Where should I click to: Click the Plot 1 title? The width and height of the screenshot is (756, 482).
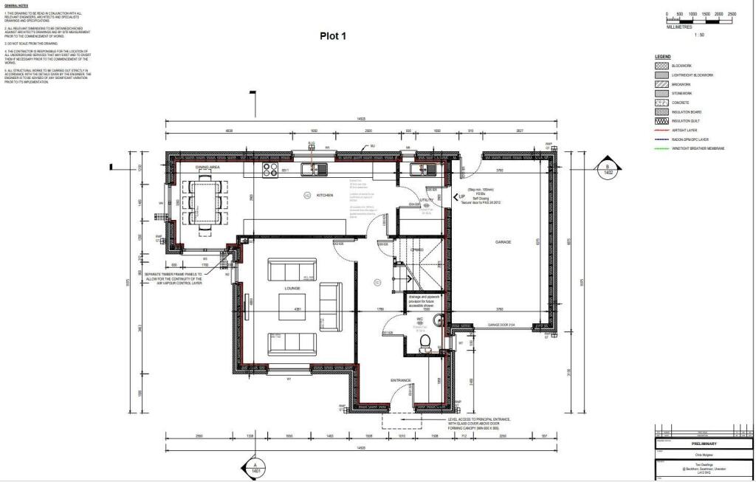coord(332,35)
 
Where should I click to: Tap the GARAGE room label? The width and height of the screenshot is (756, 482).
coord(503,242)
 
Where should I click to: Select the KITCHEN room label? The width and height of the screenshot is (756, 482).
coord(325,195)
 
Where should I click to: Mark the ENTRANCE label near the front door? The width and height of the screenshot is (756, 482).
coord(401,380)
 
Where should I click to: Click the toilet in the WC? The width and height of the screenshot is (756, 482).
coord(424,341)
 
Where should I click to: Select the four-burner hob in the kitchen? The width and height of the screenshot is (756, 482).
coord(269,171)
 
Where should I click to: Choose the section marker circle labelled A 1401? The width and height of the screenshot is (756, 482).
coord(255,467)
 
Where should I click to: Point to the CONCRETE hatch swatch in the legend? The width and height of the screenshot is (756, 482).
coord(661,103)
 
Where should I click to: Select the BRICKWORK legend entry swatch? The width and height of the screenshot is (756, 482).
coord(661,85)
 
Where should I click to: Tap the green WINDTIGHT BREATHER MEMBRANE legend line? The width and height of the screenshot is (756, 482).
coord(661,148)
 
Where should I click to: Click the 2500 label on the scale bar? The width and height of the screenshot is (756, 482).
coord(732,14)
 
